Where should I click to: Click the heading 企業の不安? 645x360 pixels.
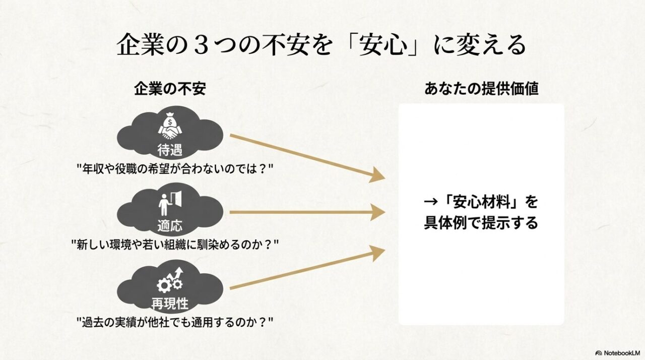pyautogui.click(x=170, y=89)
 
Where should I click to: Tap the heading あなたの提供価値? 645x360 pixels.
pyautogui.click(x=481, y=89)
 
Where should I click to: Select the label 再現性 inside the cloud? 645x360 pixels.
pyautogui.click(x=170, y=304)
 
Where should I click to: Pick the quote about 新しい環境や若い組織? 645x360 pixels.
pyautogui.click(x=175, y=246)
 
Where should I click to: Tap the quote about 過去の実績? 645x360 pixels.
pyautogui.click(x=174, y=322)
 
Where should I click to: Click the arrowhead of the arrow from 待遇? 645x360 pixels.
pyautogui.click(x=377, y=176)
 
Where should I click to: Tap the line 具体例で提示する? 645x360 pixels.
pyautogui.click(x=481, y=223)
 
